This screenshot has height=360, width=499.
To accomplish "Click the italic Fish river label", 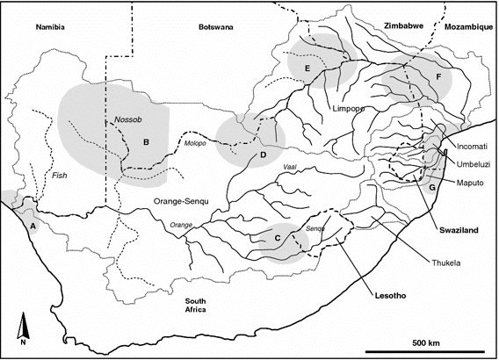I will click(60, 176).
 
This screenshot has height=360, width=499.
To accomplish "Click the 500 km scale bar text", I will click(429, 342).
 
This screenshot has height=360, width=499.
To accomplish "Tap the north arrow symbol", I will click(25, 329).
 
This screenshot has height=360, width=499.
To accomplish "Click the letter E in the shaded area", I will click(307, 68).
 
